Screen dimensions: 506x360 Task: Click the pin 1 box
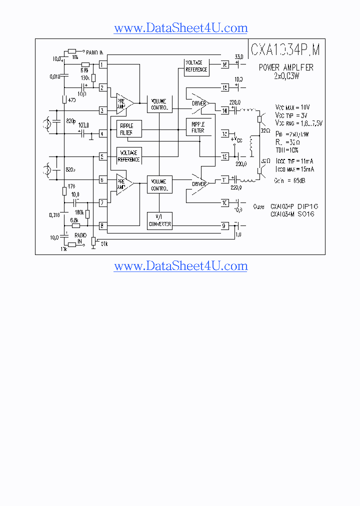pos(102,64)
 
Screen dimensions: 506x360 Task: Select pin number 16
pos(225,64)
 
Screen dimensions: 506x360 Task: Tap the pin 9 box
pos(225,225)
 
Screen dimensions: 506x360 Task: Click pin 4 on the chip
pos(102,133)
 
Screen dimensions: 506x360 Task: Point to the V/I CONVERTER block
pos(160,220)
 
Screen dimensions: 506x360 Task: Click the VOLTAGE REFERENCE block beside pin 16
pos(196,66)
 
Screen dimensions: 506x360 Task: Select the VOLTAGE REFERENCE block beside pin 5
pos(129,155)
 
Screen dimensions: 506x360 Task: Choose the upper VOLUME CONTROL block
pos(159,104)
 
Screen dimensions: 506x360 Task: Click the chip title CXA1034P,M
pos(285,49)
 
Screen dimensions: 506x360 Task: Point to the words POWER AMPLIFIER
pos(286,67)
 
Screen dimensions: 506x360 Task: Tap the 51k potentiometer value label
pos(104,243)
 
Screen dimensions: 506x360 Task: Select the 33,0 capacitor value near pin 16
pos(239,57)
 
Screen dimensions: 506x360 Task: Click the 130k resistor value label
pos(85,77)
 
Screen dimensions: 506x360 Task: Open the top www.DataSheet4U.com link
pos(180,28)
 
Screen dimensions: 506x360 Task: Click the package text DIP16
pos(308,206)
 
